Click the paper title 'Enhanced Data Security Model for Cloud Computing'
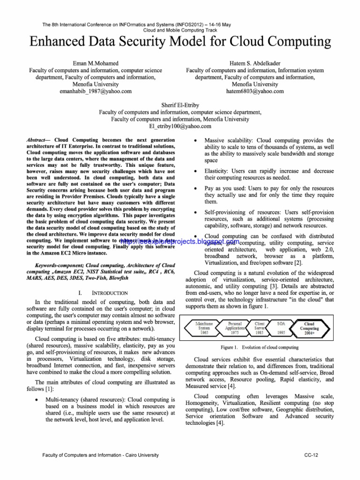point(180,42)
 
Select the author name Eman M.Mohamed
point(92,63)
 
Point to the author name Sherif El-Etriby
point(180,105)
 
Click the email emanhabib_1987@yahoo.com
point(92,91)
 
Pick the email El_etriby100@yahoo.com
point(180,127)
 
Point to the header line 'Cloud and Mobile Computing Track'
point(180,30)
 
